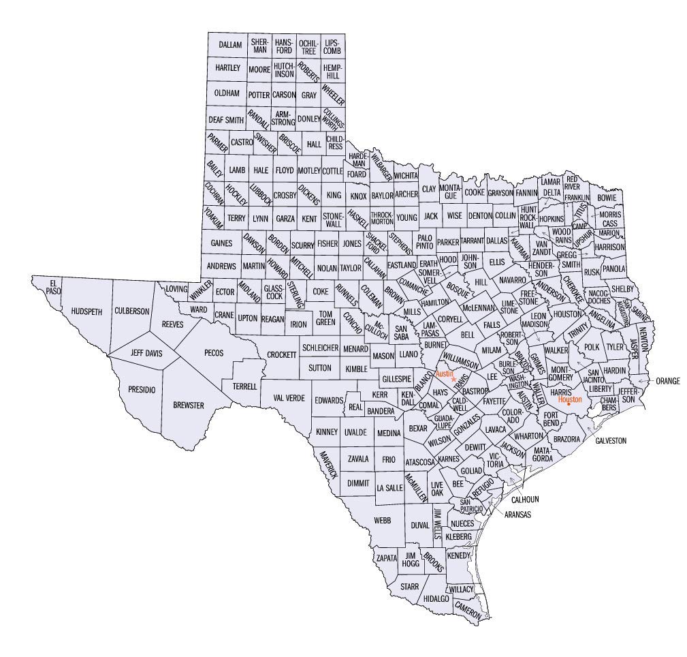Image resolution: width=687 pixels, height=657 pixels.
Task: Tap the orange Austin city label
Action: (444, 374)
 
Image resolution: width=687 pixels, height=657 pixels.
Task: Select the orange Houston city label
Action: (569, 399)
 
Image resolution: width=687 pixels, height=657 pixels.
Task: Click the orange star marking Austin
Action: (454, 379)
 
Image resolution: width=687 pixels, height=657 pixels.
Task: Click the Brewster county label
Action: (189, 405)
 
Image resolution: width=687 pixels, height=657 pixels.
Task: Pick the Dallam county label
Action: (231, 44)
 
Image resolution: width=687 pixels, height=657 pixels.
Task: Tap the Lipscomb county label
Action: (332, 46)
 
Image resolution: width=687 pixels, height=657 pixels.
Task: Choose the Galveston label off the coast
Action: (610, 441)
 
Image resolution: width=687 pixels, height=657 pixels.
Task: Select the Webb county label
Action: (382, 520)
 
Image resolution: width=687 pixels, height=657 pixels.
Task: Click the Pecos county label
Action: (213, 353)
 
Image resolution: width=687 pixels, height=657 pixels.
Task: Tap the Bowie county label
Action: (606, 198)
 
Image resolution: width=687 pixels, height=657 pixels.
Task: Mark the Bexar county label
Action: (417, 428)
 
